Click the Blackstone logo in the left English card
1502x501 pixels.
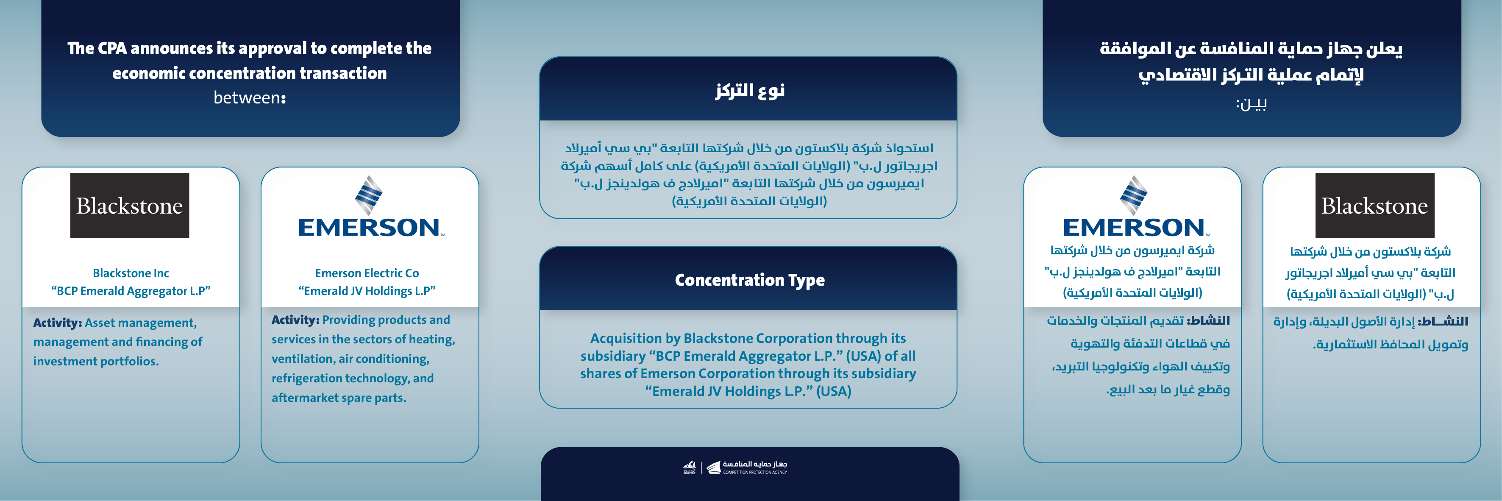129,205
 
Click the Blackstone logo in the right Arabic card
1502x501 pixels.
1374,205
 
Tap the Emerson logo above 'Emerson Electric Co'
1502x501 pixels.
370,208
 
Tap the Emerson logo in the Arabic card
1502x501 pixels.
1134,208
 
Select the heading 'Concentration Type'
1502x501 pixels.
749,280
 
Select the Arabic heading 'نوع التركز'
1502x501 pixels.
750,90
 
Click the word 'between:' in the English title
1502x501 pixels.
250,98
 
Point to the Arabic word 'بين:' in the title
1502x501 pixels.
1251,104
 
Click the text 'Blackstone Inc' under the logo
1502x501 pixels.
131,273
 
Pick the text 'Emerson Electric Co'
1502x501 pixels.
367,273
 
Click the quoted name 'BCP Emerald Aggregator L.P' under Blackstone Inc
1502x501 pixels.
131,291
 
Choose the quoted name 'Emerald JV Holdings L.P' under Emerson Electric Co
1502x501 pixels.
367,291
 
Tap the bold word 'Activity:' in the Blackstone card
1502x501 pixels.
57,323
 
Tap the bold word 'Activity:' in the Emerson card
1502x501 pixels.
295,320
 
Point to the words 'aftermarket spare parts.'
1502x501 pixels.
339,398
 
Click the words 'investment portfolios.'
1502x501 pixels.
96,361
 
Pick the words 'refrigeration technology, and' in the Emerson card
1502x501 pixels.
352,378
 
